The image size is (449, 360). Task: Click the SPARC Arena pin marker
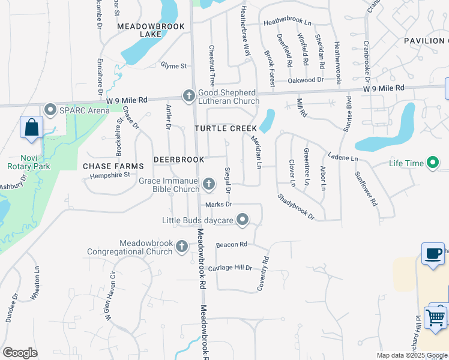[50, 109]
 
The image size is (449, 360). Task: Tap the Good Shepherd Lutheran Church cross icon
[188, 96]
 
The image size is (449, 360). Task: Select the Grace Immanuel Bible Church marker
[209, 184]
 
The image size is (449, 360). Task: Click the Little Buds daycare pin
[243, 220]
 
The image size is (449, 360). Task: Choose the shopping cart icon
[436, 317]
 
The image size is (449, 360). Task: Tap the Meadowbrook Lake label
[139, 30]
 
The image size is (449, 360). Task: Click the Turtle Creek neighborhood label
[225, 128]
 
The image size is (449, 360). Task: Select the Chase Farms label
[113, 166]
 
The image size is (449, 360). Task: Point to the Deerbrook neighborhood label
[179, 160]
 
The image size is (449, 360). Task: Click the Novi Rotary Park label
[25, 162]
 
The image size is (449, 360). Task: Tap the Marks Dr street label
[218, 205]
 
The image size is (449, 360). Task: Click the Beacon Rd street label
[232, 244]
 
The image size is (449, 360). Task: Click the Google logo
[20, 353]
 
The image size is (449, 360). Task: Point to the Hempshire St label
[110, 175]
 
